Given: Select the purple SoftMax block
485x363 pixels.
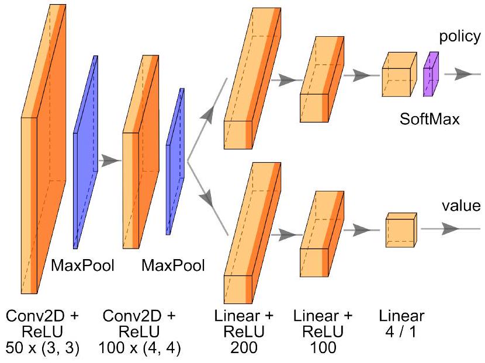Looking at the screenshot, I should pos(431,74).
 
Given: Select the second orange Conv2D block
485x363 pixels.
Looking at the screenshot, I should pos(140,152).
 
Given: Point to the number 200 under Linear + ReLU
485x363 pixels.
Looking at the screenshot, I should pos(244,348).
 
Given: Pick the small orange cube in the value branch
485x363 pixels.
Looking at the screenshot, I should pos(400,231).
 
